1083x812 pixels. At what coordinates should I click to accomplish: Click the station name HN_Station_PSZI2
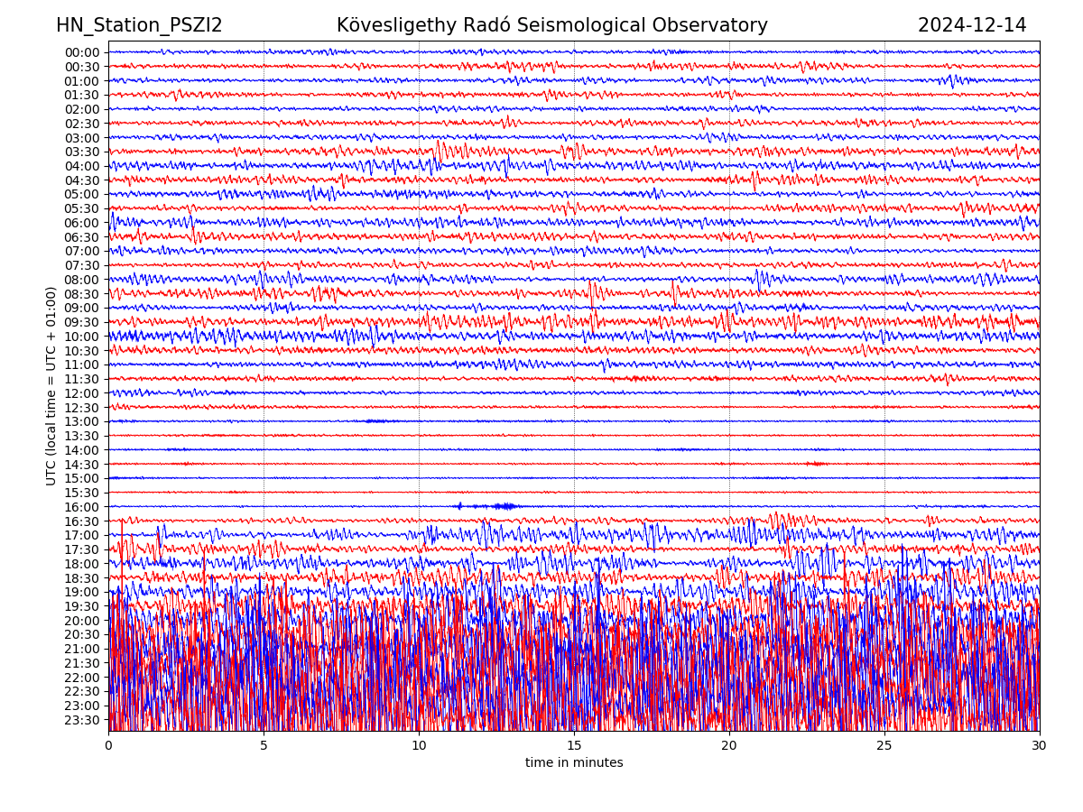pyautogui.click(x=139, y=25)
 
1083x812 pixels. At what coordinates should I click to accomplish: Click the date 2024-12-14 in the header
pyautogui.click(x=972, y=25)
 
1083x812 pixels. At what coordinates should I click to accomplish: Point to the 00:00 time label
pyautogui.click(x=82, y=52)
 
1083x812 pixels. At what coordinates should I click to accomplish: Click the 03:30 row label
pyautogui.click(x=82, y=152)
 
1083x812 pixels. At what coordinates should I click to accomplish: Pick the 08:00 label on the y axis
pyautogui.click(x=82, y=280)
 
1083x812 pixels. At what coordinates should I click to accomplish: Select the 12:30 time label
pyautogui.click(x=82, y=408)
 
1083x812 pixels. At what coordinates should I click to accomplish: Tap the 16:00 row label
pyautogui.click(x=82, y=507)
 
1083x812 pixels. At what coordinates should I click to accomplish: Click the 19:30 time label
pyautogui.click(x=82, y=606)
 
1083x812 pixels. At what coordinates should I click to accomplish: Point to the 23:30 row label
pyautogui.click(x=82, y=720)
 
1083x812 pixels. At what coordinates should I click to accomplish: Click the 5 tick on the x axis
pyautogui.click(x=264, y=746)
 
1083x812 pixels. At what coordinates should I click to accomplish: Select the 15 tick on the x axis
pyautogui.click(x=574, y=746)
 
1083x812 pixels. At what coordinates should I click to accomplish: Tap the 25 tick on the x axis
pyautogui.click(x=884, y=746)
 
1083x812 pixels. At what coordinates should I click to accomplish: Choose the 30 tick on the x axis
pyautogui.click(x=1040, y=746)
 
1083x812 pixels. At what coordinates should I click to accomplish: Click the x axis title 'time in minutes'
pyautogui.click(x=574, y=763)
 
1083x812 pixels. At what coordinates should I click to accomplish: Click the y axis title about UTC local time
pyautogui.click(x=51, y=385)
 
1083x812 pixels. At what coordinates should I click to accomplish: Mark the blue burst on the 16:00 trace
pyautogui.click(x=487, y=506)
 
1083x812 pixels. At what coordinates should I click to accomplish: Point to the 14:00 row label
pyautogui.click(x=82, y=450)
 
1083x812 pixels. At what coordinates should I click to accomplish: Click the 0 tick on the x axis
pyautogui.click(x=108, y=746)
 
